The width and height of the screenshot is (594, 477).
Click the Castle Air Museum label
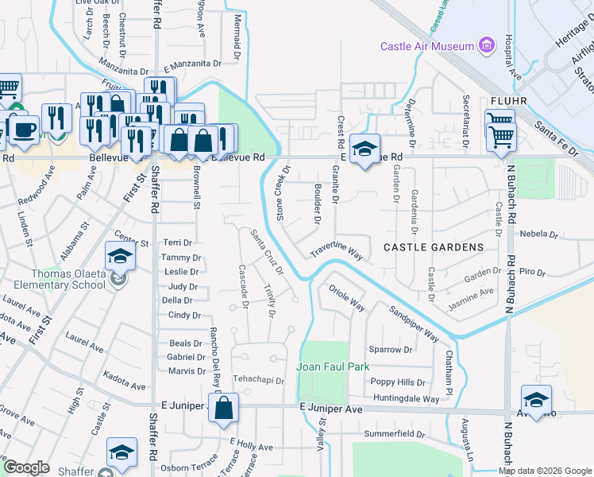click(426, 47)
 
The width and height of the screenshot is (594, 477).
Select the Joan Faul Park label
click(334, 367)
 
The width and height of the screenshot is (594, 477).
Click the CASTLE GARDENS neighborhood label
click(434, 247)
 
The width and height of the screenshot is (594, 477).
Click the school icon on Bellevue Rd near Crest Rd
click(364, 149)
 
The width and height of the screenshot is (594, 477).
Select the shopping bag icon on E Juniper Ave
click(225, 406)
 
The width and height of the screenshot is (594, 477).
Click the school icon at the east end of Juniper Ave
click(536, 400)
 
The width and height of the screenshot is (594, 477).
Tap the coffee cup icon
click(23, 129)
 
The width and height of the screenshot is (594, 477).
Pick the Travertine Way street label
click(337, 251)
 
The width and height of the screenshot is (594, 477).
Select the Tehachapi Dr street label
click(258, 381)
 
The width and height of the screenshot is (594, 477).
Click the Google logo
click(26, 467)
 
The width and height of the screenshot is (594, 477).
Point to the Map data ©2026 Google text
click(544, 471)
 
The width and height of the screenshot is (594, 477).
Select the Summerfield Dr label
click(395, 434)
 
